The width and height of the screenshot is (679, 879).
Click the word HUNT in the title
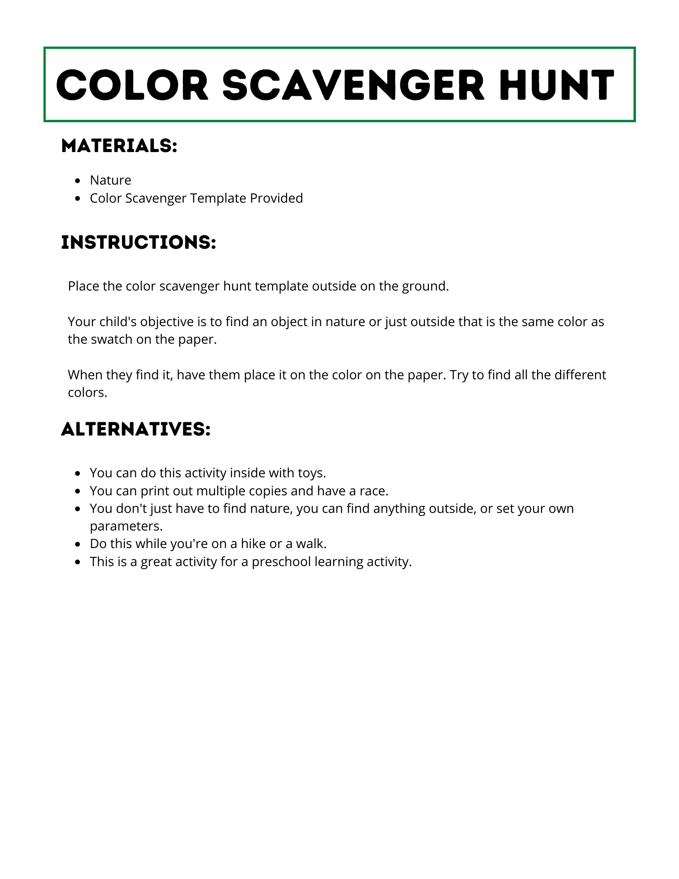coord(556,85)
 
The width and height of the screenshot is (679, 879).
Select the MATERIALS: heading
coord(119,146)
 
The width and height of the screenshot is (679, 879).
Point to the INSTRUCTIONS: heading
coord(138,242)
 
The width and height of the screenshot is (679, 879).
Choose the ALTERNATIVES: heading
coord(136,429)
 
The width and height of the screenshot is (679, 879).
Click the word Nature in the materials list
coord(110,180)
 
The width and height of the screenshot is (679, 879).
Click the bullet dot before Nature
coord(78,181)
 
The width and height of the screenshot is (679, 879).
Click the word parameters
coord(126,527)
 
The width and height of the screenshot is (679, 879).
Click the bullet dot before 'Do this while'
coord(78,544)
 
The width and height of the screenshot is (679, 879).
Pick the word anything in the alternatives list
coord(393,509)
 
